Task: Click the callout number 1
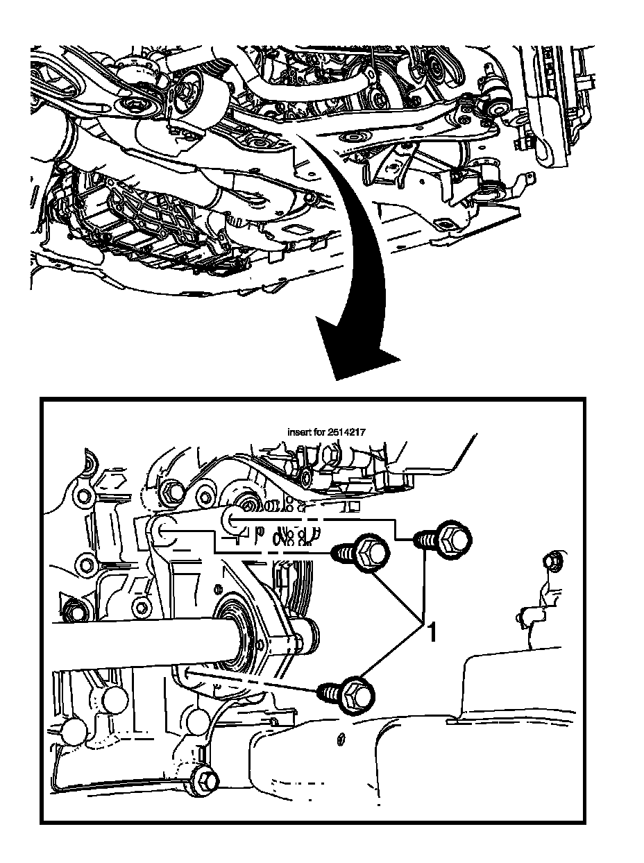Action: click(x=431, y=632)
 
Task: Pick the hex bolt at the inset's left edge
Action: click(x=73, y=611)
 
